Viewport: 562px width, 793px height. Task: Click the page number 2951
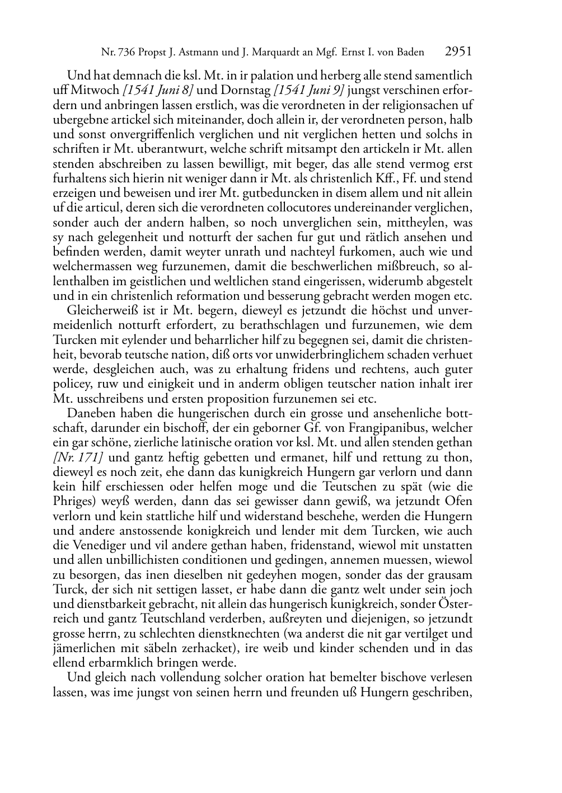[x=458, y=52]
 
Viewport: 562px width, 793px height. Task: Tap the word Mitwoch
[x=94, y=90]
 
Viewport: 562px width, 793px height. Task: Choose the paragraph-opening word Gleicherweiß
[x=101, y=310]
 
